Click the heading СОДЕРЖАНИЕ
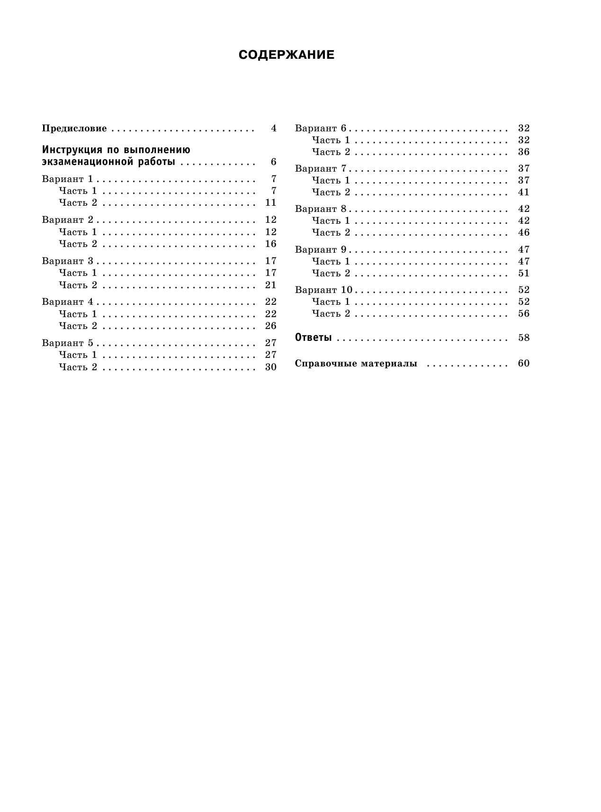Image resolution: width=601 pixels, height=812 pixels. click(x=287, y=55)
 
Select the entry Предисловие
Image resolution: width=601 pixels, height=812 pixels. click(x=74, y=128)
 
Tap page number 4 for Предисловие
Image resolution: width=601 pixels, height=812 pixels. click(x=273, y=128)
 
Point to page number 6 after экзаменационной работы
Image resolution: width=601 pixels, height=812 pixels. click(x=273, y=162)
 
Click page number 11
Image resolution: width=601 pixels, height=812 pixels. click(x=270, y=203)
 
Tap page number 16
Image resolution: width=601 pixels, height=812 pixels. click(x=270, y=244)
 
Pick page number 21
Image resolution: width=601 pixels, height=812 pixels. click(x=270, y=285)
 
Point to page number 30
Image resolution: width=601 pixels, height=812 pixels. click(x=270, y=367)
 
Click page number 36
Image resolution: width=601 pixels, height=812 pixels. click(x=523, y=152)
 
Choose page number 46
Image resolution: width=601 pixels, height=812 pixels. click(x=523, y=232)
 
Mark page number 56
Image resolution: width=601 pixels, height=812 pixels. click(x=523, y=313)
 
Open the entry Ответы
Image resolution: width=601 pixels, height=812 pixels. click(x=313, y=338)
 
